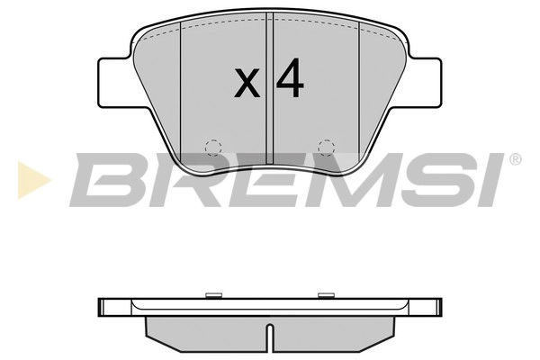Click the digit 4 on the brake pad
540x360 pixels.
point(290,80)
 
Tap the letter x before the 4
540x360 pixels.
point(247,84)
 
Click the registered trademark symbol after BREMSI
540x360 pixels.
point(515,159)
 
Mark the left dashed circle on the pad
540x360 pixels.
point(213,147)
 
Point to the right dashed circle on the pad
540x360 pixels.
point(326,147)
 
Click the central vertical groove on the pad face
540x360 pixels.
point(269,90)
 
